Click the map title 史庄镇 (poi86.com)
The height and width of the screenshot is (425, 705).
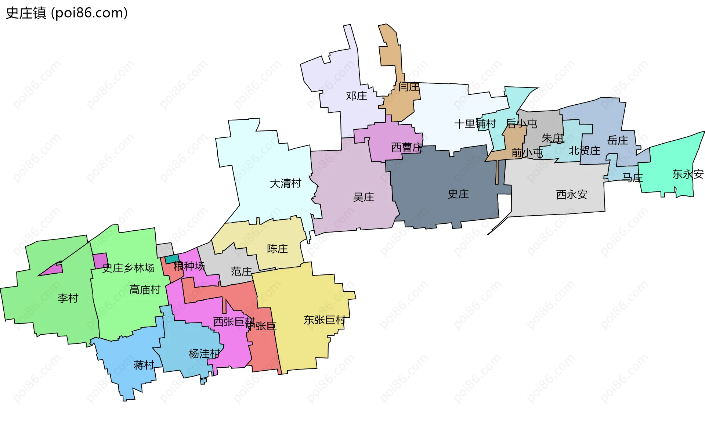click(67, 13)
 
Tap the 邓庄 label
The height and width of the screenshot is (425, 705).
click(356, 96)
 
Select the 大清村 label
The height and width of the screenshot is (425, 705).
click(285, 183)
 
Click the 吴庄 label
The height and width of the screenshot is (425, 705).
click(364, 197)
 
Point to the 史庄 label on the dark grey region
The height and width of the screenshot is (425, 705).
click(458, 194)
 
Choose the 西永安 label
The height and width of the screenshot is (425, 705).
click(572, 194)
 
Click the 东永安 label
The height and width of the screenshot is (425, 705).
click(688, 174)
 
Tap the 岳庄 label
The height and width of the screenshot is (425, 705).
click(618, 140)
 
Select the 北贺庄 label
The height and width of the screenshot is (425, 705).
click(585, 150)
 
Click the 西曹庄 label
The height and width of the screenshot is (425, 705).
click(407, 148)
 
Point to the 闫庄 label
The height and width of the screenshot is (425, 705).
click(409, 87)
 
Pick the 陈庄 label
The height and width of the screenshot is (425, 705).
click(277, 249)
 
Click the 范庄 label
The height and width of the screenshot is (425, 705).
click(241, 271)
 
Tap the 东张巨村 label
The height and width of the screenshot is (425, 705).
click(325, 320)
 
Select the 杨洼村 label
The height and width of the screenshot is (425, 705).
click(204, 354)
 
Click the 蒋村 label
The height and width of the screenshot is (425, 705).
click(144, 365)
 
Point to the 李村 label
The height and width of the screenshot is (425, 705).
click(68, 298)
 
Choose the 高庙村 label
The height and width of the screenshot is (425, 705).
click(145, 289)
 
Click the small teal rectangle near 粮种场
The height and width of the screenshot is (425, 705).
click(172, 259)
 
